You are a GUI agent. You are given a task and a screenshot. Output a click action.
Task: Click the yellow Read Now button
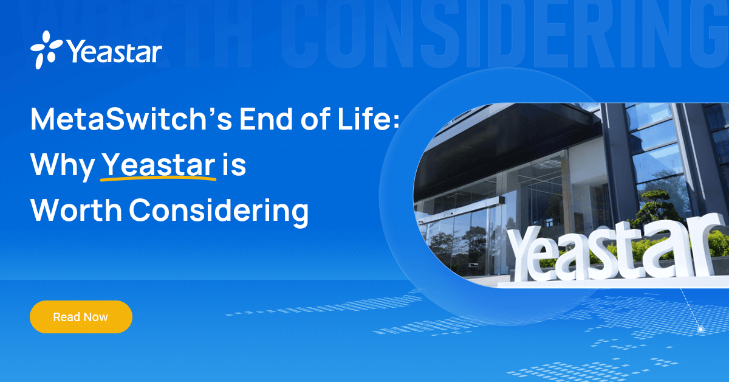[81, 317]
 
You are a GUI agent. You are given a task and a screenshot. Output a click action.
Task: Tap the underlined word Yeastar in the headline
[158, 165]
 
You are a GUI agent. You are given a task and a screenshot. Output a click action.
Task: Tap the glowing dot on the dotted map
[700, 329]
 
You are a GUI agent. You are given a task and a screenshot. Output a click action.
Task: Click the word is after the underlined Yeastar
[234, 165]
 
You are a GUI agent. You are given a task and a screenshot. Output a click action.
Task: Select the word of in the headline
[315, 120]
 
